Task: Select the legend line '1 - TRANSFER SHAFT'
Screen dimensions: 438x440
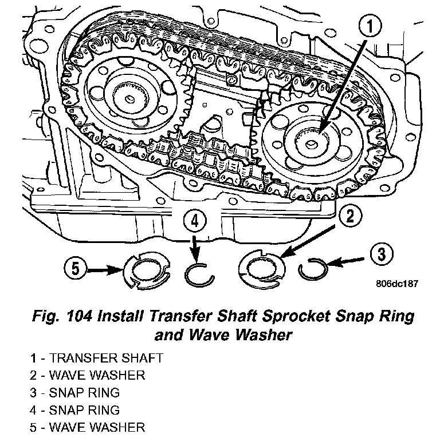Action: point(97,359)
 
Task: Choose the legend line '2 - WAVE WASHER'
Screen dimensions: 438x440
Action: point(88,376)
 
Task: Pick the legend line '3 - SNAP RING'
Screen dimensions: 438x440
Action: point(76,393)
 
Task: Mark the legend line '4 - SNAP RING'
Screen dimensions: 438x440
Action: point(76,410)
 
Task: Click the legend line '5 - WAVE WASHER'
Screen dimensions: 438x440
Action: point(88,427)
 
